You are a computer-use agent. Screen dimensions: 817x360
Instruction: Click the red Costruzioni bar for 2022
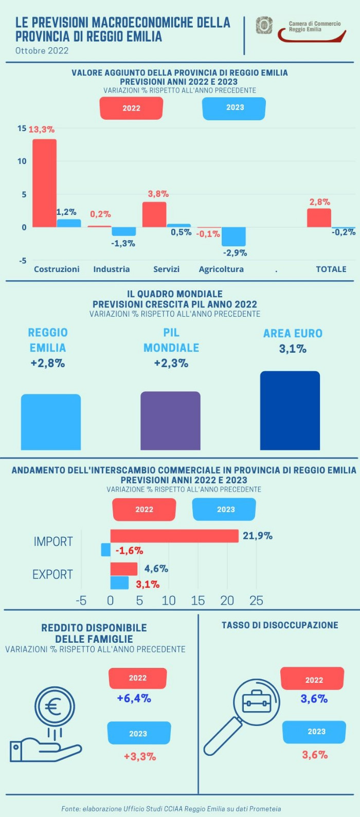tap(45, 183)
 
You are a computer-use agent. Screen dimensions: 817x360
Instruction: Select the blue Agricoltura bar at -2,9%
tap(233, 237)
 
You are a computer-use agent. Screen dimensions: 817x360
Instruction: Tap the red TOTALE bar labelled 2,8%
tap(319, 217)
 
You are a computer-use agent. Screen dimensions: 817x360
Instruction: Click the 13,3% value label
tap(41, 130)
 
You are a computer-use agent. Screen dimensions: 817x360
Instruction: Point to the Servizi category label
tap(166, 269)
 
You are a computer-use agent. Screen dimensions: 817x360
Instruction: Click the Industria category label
tap(111, 269)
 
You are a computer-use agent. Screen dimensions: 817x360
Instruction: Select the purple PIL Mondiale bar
tap(170, 421)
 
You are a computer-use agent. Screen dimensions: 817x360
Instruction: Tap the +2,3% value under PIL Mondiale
tap(171, 364)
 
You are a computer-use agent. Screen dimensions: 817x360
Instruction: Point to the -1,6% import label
tap(129, 551)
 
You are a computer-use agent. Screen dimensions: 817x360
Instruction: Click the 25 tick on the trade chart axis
tap(256, 601)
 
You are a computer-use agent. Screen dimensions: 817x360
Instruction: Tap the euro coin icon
tap(55, 707)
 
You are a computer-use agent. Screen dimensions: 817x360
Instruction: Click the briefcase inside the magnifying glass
tap(257, 701)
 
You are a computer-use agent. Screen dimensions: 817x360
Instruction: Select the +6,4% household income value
tap(134, 698)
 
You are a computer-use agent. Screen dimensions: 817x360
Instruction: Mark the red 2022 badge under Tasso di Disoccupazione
tap(312, 679)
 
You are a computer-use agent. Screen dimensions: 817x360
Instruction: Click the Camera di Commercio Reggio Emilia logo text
tap(314, 27)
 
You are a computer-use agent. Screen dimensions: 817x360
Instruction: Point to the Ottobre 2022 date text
tap(42, 50)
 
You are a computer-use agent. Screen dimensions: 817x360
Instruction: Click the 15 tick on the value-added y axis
tap(22, 128)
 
